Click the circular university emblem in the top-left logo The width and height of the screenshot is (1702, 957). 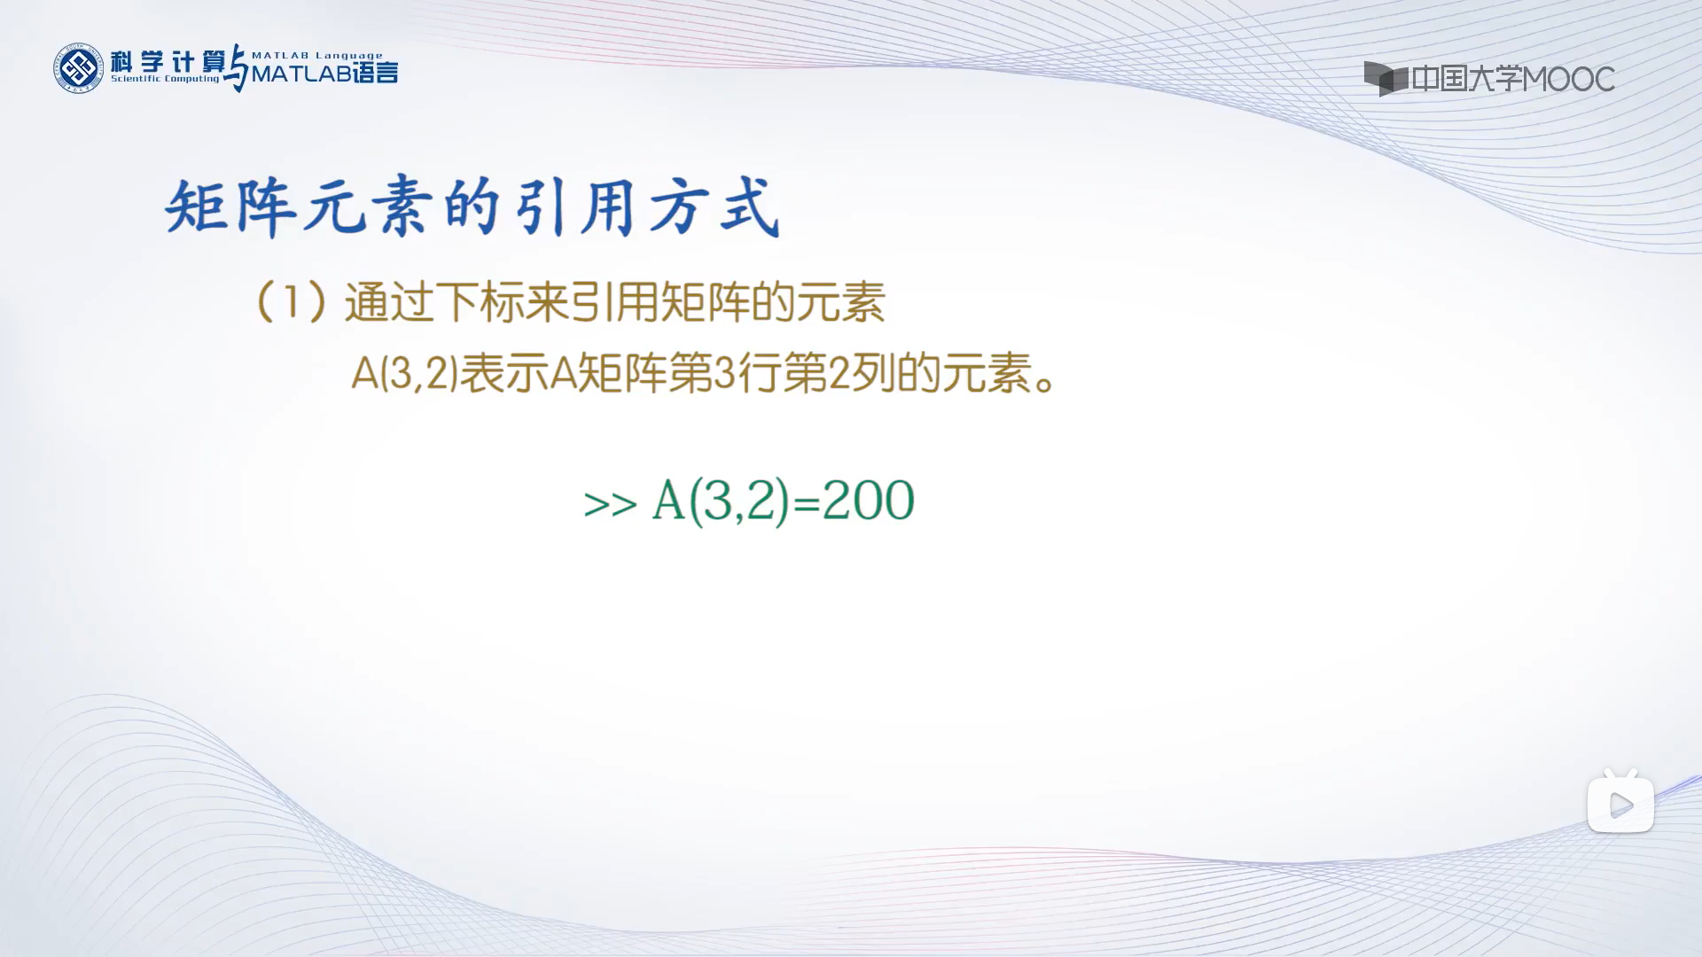(x=79, y=68)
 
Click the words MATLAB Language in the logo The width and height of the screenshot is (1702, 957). (x=317, y=55)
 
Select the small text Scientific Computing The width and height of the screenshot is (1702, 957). (x=165, y=79)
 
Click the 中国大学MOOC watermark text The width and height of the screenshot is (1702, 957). (x=1513, y=79)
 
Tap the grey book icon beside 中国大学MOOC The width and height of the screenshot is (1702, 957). (x=1386, y=78)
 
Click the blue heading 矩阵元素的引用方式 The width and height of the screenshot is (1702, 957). (x=473, y=208)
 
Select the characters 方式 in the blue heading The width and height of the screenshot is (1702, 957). (x=714, y=208)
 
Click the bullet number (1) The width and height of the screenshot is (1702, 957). (x=291, y=302)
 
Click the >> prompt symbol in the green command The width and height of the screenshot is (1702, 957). (x=611, y=503)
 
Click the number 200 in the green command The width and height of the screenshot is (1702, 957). (x=869, y=501)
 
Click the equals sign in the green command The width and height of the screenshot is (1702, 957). (x=807, y=502)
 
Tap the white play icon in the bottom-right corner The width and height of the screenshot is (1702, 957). (x=1620, y=805)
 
